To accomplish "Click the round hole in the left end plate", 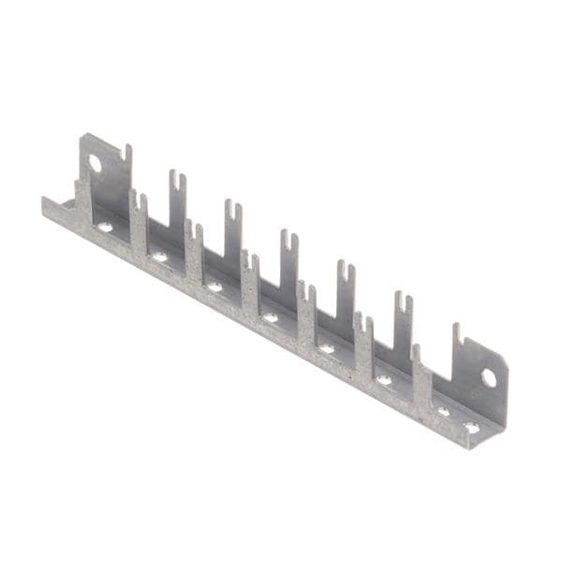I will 95,163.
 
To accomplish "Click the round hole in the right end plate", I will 488,377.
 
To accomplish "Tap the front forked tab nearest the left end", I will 139,211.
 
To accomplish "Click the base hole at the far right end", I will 471,427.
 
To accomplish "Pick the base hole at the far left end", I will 105,227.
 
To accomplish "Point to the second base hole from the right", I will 443,411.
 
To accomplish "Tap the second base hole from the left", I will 160,256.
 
